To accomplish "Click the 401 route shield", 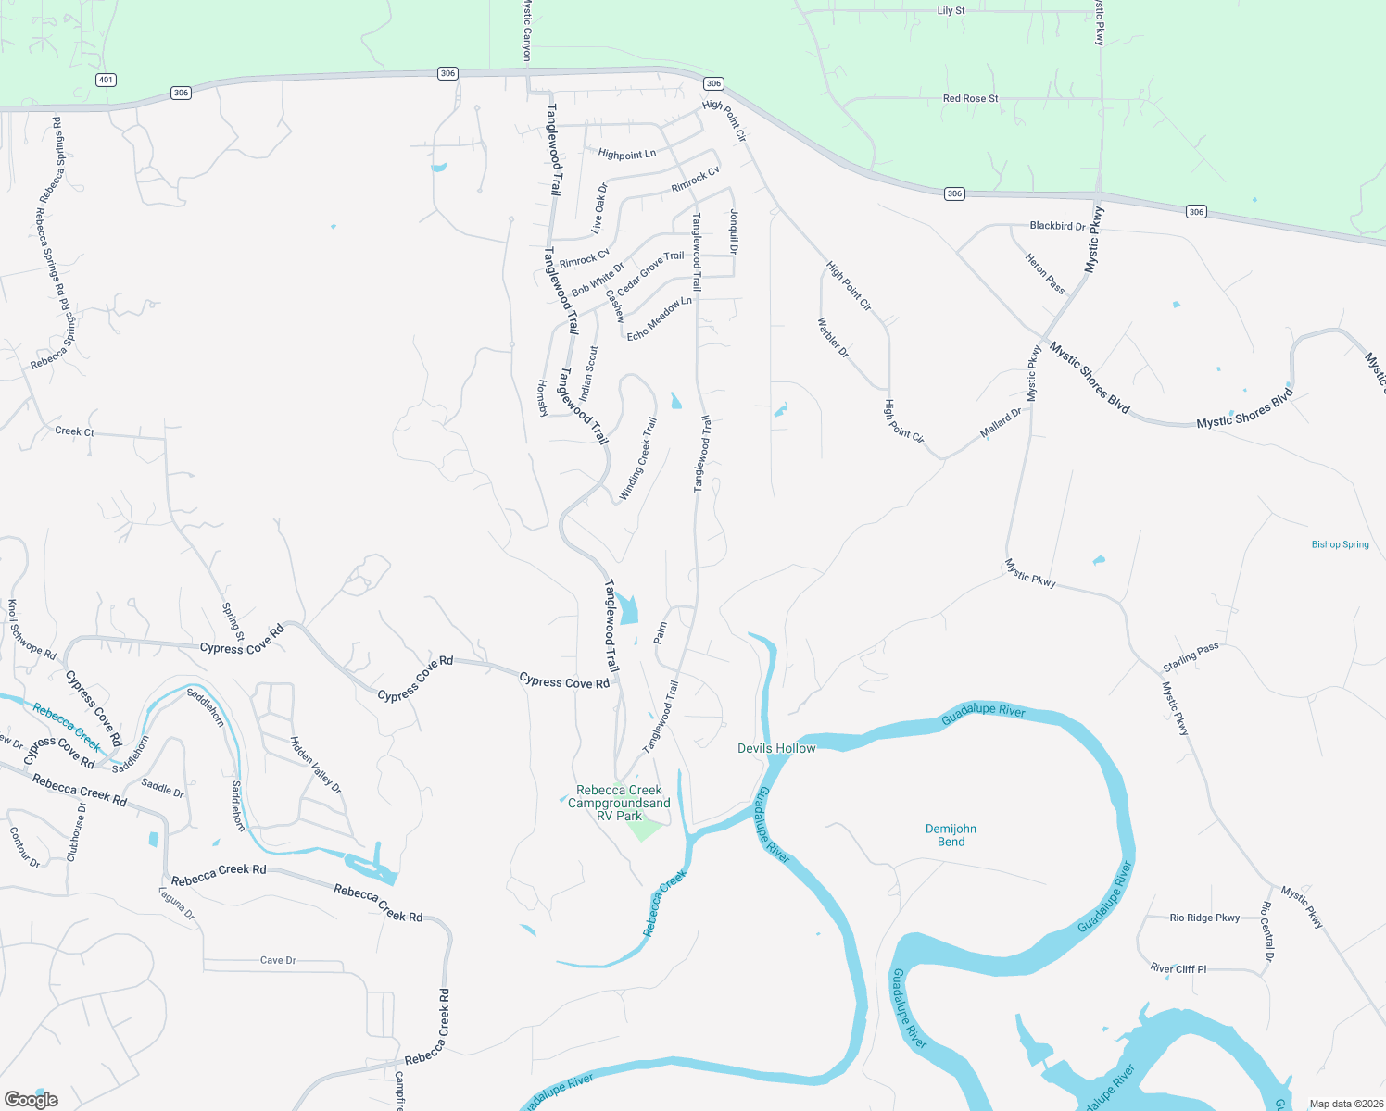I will click(106, 80).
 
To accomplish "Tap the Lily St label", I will click(951, 11).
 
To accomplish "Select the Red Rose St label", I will click(970, 98).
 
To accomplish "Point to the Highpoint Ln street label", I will click(626, 154).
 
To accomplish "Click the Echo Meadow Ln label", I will click(659, 318).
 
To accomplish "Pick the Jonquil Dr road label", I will click(734, 231).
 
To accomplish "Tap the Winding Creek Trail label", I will click(637, 459).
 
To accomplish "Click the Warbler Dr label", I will click(832, 338).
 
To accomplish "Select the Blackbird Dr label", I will click(1057, 226).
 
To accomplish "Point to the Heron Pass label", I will click(1045, 273).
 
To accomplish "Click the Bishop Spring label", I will click(1340, 544).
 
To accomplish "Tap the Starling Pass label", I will click(1191, 657).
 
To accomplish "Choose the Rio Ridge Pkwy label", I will click(1204, 918).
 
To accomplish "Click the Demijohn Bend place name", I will click(951, 835).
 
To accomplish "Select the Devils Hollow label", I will click(776, 748).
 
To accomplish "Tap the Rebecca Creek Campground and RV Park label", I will click(619, 803).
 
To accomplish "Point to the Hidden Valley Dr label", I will click(316, 765).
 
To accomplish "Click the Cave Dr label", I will click(278, 960).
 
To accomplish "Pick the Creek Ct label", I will click(74, 431).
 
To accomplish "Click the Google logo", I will click(31, 1099).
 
